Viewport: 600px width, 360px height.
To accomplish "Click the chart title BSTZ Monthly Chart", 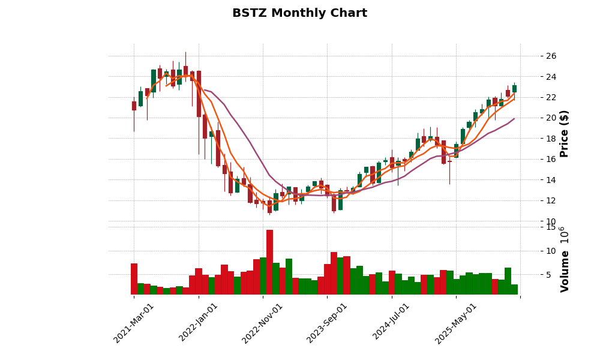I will click(299, 13).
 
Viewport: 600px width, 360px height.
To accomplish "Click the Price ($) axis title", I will click(564, 133).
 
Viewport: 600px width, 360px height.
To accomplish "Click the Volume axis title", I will click(564, 259).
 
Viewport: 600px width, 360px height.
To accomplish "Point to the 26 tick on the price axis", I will click(551, 56).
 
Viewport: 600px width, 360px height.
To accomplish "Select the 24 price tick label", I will click(551, 77).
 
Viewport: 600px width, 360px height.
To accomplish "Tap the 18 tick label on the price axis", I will click(551, 139).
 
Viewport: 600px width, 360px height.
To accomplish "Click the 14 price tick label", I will click(551, 180).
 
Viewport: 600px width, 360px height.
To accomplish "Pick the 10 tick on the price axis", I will click(551, 221).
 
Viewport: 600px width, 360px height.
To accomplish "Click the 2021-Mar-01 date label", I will click(134, 323).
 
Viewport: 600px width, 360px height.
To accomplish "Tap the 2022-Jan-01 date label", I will click(199, 323).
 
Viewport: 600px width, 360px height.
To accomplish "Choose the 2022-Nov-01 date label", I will click(263, 323).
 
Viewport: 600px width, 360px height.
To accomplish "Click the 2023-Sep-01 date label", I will click(327, 323).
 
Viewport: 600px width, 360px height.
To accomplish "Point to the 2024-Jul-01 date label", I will click(391, 323).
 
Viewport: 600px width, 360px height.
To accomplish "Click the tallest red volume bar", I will click(269, 262).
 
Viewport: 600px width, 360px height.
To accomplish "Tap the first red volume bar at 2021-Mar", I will click(134, 279).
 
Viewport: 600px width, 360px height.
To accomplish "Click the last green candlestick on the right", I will click(514, 89).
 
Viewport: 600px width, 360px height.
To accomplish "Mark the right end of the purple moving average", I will click(514, 118).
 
